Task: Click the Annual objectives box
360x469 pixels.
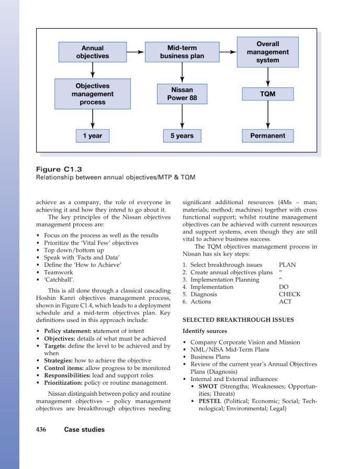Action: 93,52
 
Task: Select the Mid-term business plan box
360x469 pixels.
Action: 182,52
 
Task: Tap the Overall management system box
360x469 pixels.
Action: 267,52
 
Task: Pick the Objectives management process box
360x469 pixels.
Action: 93,94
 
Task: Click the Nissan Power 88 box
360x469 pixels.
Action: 182,94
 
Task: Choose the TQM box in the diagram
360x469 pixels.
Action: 267,94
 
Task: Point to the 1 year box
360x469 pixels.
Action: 93,136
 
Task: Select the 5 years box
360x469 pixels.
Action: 182,136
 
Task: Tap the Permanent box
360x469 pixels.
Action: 267,136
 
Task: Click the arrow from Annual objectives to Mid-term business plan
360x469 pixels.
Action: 136,52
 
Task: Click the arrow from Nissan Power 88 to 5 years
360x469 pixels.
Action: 182,117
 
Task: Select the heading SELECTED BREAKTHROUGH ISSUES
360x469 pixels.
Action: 238,320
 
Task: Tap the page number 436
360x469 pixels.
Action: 41,430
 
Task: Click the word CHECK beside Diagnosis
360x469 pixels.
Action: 289,294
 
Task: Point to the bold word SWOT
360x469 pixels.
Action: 208,386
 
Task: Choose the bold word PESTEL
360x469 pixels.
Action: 211,401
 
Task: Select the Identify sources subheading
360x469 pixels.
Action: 205,331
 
